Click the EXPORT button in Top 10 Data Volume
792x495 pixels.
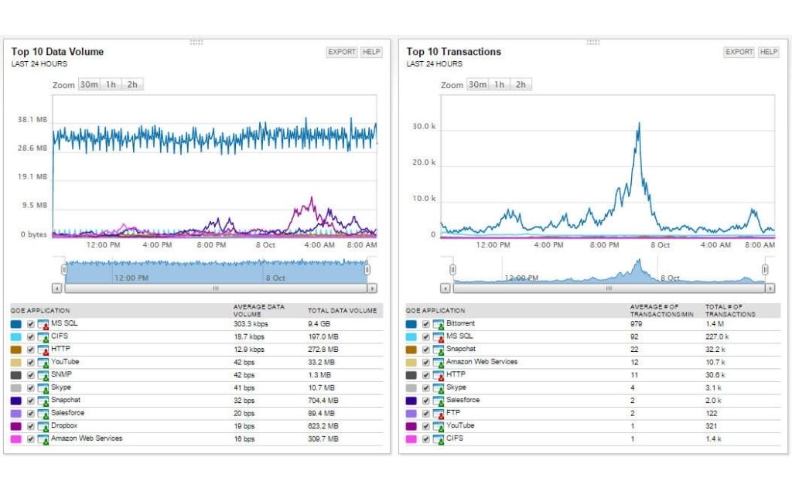coord(342,52)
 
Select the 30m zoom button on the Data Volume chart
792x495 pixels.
coord(89,84)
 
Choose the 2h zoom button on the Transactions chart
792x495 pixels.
coord(521,84)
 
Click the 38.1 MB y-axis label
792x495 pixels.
coord(32,120)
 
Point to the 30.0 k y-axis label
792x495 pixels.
coord(424,126)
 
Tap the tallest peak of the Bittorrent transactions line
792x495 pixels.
coord(639,124)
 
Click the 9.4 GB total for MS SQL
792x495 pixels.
coord(319,324)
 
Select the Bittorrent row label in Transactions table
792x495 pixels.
coord(460,323)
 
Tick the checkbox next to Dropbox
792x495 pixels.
coord(31,426)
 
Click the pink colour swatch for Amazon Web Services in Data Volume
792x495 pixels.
coord(16,439)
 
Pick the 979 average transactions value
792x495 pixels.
coord(637,324)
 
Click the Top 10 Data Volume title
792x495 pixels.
coord(57,52)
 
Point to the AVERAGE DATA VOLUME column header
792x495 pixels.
coord(258,310)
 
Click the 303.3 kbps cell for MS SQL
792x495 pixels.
coord(251,324)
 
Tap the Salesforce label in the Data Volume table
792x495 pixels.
coord(67,413)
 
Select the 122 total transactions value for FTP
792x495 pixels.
coord(712,413)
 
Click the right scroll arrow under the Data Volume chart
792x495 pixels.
coord(372,288)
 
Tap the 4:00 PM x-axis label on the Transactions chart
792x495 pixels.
coord(548,245)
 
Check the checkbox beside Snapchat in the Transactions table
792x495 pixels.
coord(426,350)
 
